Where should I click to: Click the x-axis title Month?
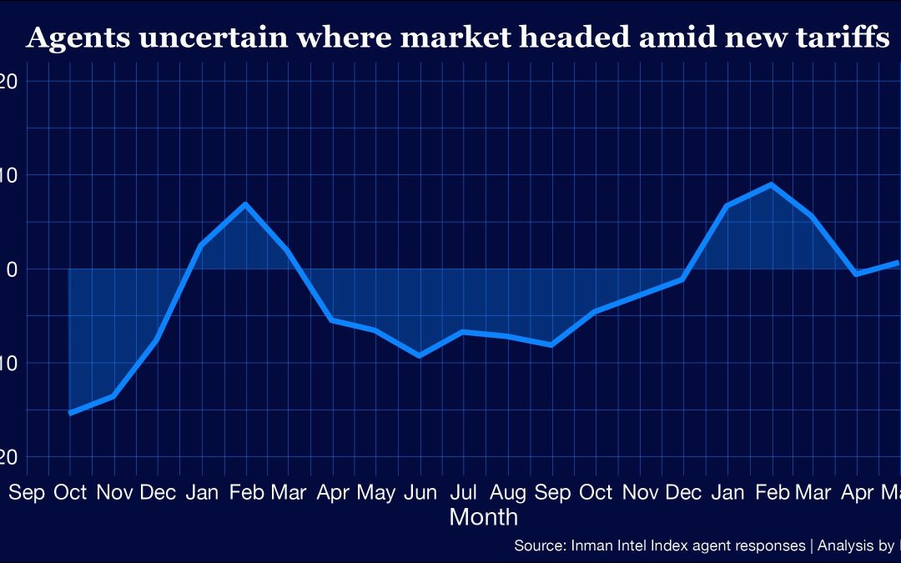484,517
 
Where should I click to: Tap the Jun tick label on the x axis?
419,493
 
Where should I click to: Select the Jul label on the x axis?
463,493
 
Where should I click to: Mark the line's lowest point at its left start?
69,413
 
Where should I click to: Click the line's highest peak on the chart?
772,184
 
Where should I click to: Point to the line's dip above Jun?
419,356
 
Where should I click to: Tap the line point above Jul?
463,332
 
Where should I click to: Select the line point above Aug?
506,335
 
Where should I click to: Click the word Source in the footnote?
540,546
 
